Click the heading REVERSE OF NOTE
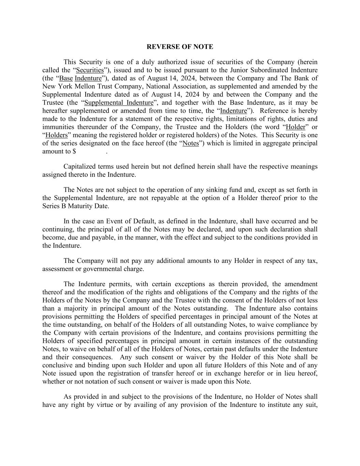[180, 47]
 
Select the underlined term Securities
[90, 70]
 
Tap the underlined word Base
[66, 79]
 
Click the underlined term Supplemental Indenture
[119, 103]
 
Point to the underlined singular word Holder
[296, 127]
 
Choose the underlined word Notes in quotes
[191, 143]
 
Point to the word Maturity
[80, 206]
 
